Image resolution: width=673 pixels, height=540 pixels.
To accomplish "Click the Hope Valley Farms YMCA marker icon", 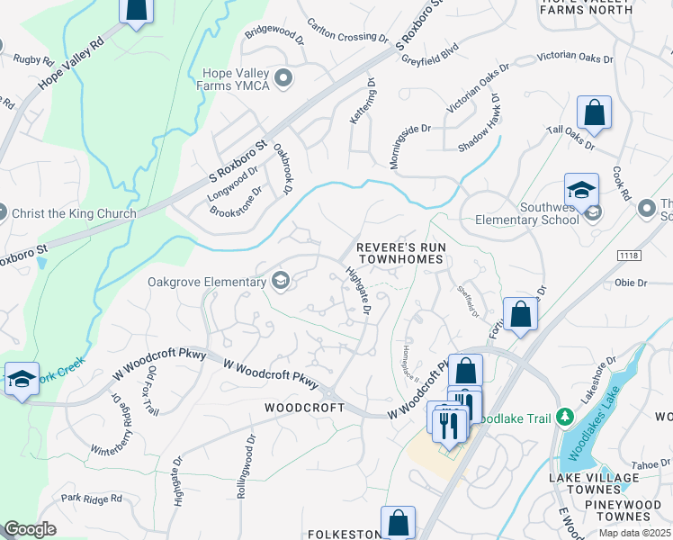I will coord(284,78).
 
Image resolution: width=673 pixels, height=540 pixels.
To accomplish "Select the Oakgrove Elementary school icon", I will coord(281,282).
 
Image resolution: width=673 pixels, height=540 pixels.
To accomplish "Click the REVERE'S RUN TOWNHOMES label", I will coord(400,252).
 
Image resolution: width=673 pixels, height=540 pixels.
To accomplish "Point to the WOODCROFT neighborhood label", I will coord(304,408).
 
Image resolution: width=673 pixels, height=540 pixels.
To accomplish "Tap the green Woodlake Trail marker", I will coord(565,418).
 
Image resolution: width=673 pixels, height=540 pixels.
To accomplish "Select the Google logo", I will coord(31,529).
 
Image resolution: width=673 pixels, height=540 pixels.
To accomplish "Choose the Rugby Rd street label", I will coord(33,59).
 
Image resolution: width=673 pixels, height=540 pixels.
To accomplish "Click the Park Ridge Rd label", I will coord(91,498).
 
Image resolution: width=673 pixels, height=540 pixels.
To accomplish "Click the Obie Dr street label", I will coord(631,283).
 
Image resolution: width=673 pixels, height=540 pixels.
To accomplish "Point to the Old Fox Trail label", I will coord(153,391).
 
